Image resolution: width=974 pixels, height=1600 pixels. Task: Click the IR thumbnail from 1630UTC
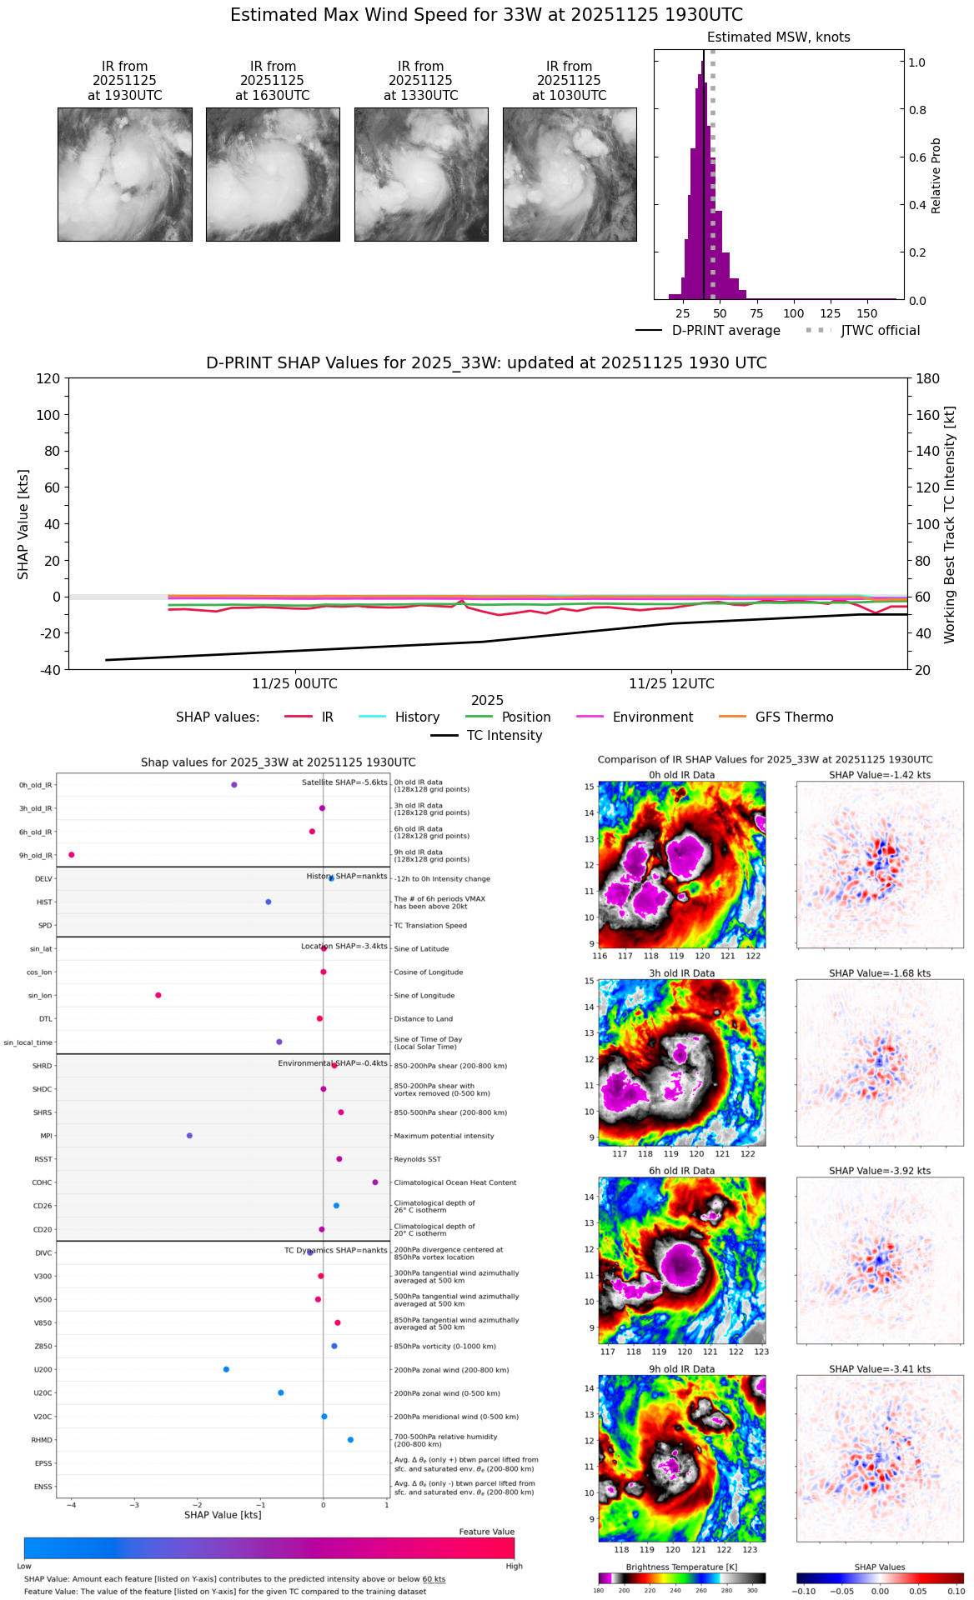[273, 174]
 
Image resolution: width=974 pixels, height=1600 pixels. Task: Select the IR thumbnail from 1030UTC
[570, 174]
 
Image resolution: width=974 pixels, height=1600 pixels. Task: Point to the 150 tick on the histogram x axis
[867, 313]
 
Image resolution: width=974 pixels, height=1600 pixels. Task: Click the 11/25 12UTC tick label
[671, 684]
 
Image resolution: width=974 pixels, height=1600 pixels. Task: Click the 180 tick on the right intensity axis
[928, 378]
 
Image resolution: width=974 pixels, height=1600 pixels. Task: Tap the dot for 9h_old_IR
[72, 855]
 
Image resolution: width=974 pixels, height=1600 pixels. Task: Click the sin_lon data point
[158, 995]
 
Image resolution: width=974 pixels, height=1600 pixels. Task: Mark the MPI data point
[189, 1136]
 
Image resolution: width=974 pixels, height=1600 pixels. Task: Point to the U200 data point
[226, 1369]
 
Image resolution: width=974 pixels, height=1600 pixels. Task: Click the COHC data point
[375, 1182]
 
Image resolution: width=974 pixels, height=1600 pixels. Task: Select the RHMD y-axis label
[42, 1440]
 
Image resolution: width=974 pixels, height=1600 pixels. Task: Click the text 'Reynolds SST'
[417, 1159]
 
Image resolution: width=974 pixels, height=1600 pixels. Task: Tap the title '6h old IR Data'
[681, 1171]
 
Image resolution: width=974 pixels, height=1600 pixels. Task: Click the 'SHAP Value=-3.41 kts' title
[880, 1369]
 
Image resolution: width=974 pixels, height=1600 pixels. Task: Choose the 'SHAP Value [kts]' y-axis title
[23, 524]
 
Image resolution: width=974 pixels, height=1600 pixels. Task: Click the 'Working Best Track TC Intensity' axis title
[950, 525]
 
